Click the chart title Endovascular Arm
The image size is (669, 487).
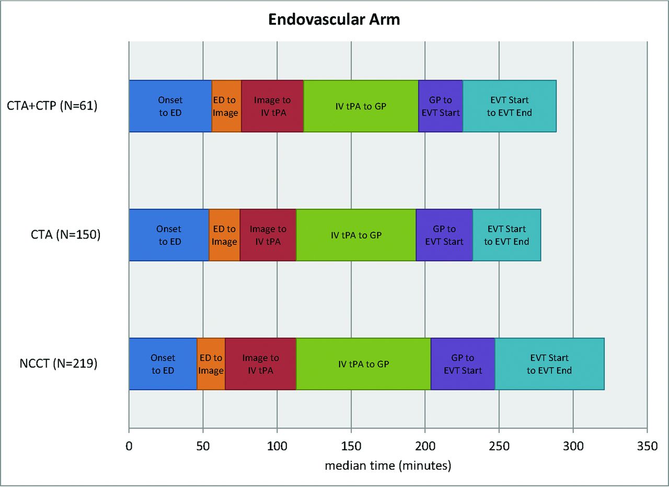(x=334, y=20)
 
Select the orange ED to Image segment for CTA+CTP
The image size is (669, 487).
(x=226, y=106)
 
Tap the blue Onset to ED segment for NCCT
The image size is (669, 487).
(x=163, y=364)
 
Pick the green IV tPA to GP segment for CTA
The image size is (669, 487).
(x=356, y=235)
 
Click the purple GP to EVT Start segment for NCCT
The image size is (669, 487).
(x=463, y=364)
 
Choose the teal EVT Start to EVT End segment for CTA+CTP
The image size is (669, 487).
(x=510, y=106)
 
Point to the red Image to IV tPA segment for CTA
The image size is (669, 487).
(x=268, y=235)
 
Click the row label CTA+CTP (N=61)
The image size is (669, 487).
(x=52, y=106)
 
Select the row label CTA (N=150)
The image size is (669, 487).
(x=65, y=235)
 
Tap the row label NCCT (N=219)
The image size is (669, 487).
(x=59, y=364)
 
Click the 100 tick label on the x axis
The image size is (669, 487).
(x=277, y=446)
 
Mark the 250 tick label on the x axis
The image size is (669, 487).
(x=499, y=446)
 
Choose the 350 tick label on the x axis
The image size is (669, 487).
(x=647, y=446)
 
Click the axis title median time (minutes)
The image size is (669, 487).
(x=388, y=466)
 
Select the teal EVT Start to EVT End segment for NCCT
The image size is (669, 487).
(x=549, y=364)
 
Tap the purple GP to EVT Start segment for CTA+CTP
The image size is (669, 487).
(x=441, y=106)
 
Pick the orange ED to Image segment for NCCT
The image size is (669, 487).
(x=211, y=364)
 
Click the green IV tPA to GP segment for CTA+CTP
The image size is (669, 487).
(x=361, y=106)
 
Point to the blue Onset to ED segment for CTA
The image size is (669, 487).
(x=169, y=235)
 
